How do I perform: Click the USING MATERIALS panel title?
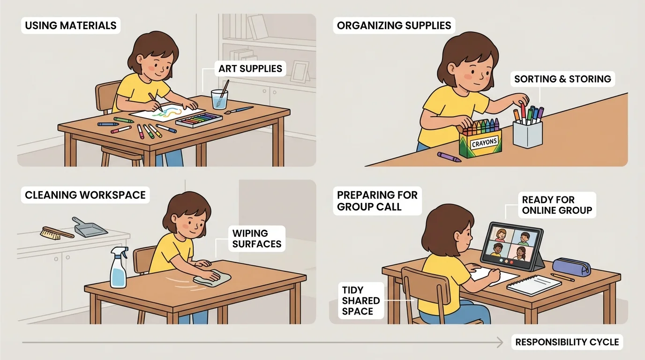point(70,25)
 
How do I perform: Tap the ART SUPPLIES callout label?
point(250,69)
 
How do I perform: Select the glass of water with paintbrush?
point(219,99)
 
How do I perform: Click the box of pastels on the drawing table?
point(198,120)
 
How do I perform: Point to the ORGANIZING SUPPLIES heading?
point(394,25)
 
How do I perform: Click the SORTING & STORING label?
point(562,79)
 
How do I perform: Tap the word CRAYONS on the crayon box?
point(480,142)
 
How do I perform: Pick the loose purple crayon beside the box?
point(449,157)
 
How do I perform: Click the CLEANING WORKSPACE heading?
point(85,195)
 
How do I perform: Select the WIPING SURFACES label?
point(256,238)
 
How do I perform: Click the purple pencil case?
point(571,267)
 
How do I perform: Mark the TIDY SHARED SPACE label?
point(357,300)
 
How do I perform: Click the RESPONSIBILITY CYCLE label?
point(567,342)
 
